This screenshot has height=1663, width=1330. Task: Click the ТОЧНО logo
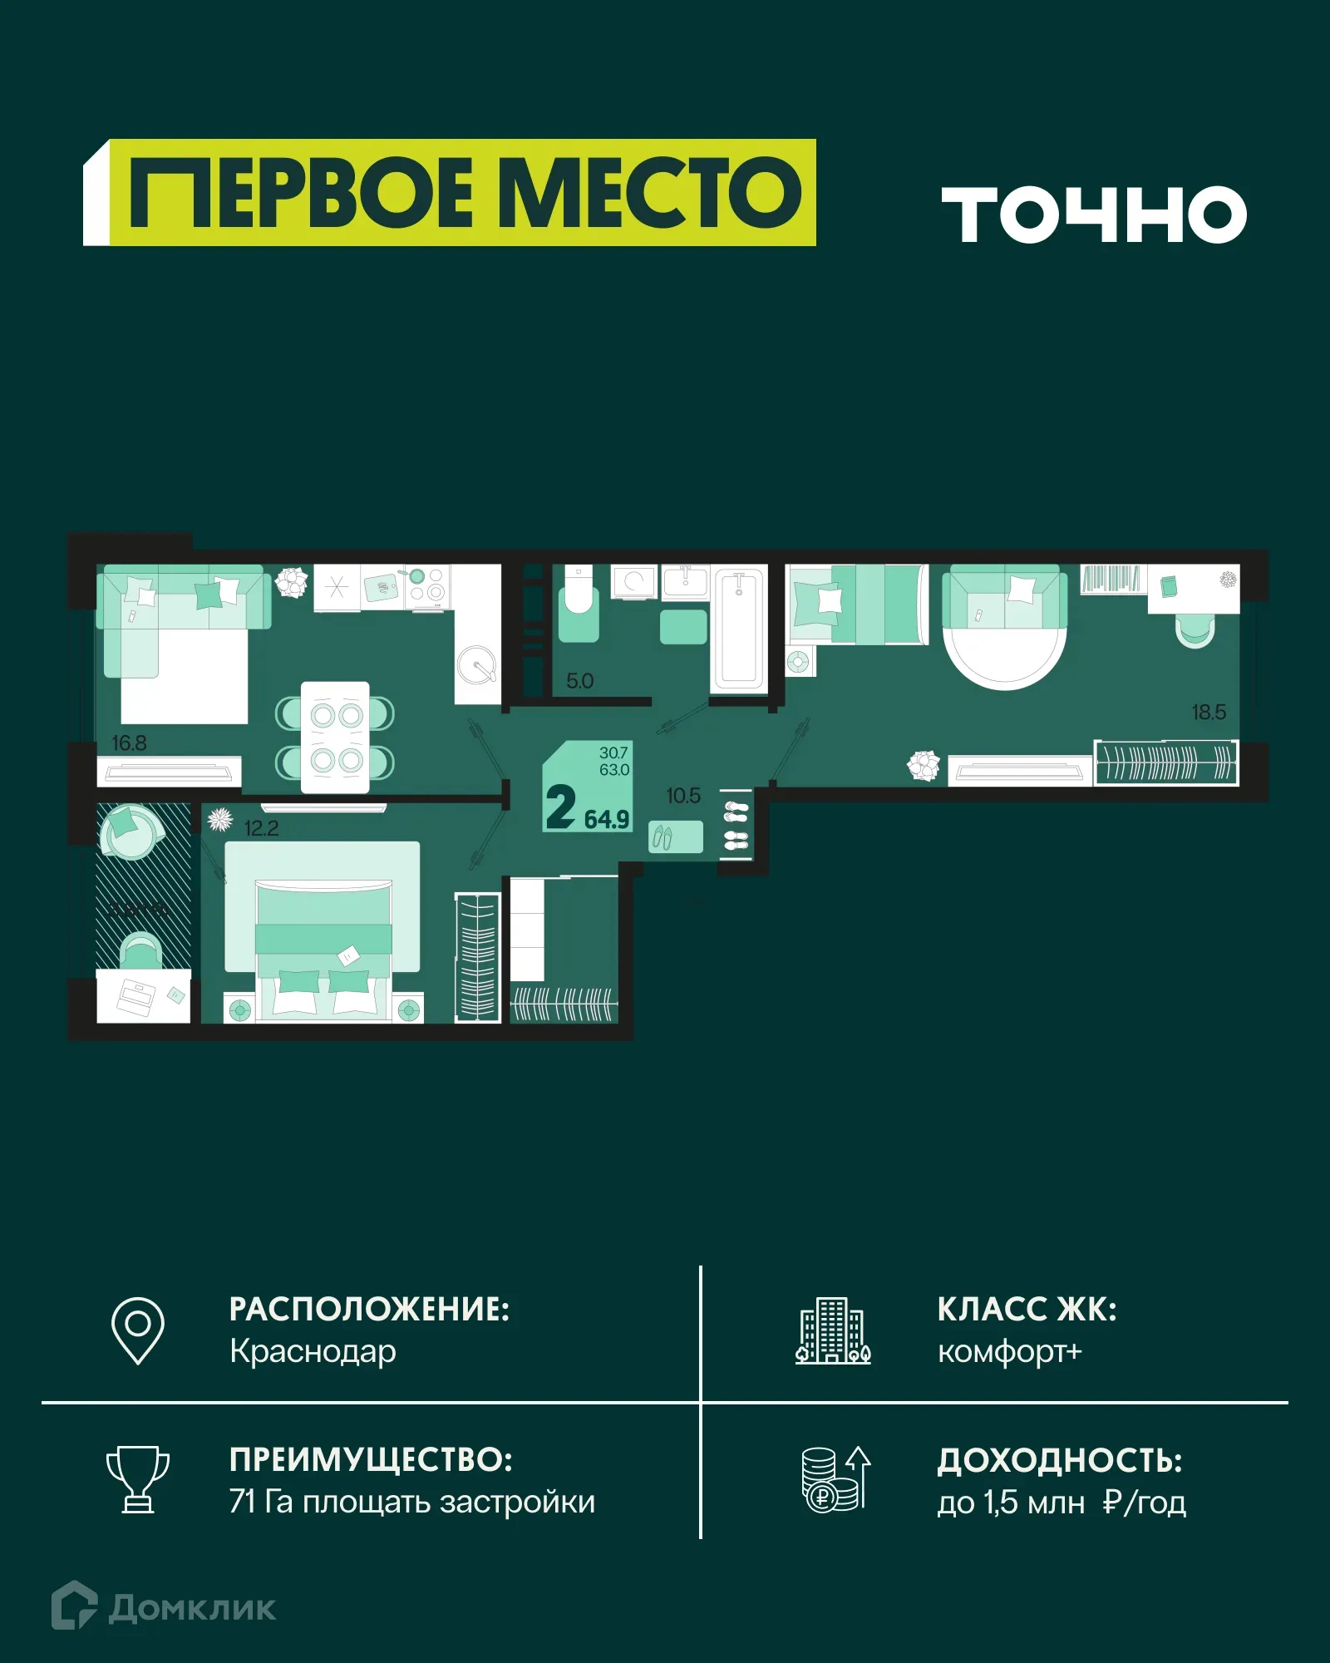point(1093,215)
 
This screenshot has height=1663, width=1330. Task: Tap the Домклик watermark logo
point(164,1607)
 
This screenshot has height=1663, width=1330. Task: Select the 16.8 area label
point(129,743)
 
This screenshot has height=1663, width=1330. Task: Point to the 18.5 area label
point(1208,712)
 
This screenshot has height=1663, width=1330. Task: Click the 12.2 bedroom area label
point(261,828)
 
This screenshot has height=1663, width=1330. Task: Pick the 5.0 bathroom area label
point(579,681)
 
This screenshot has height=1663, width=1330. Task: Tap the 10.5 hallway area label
point(683,796)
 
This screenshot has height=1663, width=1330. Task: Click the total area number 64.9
point(606,820)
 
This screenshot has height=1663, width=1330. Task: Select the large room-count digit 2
point(560,807)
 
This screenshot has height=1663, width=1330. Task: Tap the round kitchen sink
point(477,664)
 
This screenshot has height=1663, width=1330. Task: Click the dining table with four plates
point(335,737)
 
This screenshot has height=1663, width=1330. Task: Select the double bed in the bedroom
point(323,948)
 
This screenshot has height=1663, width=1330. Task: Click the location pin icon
point(138,1330)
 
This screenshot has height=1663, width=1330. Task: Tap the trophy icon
point(138,1479)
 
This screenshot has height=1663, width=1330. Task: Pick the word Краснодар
point(313,1351)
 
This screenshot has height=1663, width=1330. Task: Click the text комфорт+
point(1010,1351)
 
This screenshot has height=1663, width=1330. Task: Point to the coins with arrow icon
point(835,1479)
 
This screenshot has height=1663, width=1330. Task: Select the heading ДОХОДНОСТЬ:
point(1060,1460)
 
